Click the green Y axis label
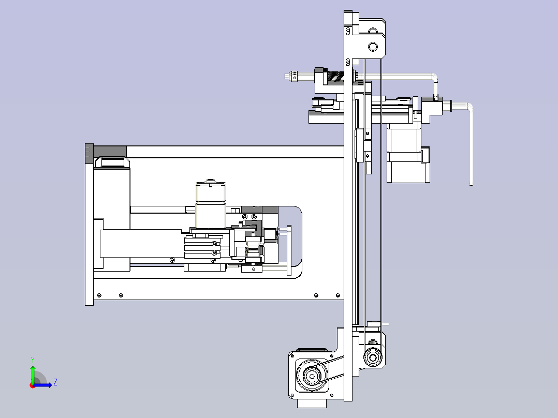click(x=33, y=360)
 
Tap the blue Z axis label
click(x=55, y=382)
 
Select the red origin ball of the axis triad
click(x=33, y=385)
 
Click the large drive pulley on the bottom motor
click(x=312, y=376)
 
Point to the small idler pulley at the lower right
click(x=373, y=357)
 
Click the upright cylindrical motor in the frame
click(x=211, y=204)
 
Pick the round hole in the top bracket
click(x=373, y=47)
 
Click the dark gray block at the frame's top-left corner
click(x=110, y=151)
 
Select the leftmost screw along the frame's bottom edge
click(x=99, y=295)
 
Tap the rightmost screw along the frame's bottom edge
click(x=338, y=295)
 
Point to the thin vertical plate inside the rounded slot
click(x=289, y=250)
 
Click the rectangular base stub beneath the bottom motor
click(x=312, y=404)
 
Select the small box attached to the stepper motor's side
click(x=425, y=155)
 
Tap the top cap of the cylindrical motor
click(x=211, y=183)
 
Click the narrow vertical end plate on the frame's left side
click(x=89, y=225)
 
